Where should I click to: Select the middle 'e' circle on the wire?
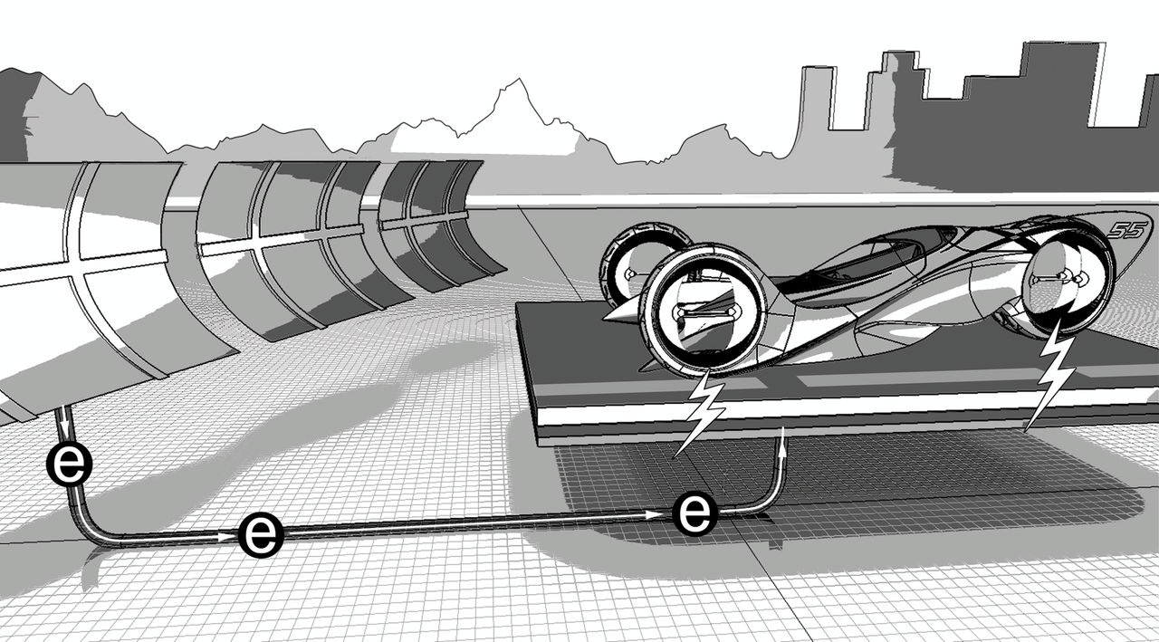(262, 534)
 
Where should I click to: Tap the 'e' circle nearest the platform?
(694, 513)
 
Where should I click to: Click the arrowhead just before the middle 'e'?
(226, 537)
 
